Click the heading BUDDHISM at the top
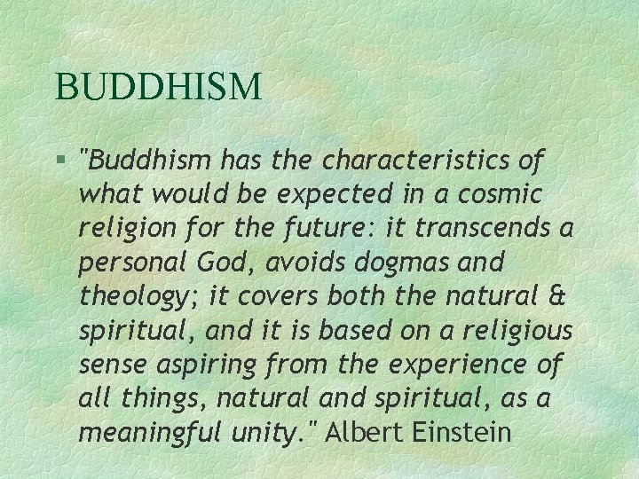[158, 87]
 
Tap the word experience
[456, 365]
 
